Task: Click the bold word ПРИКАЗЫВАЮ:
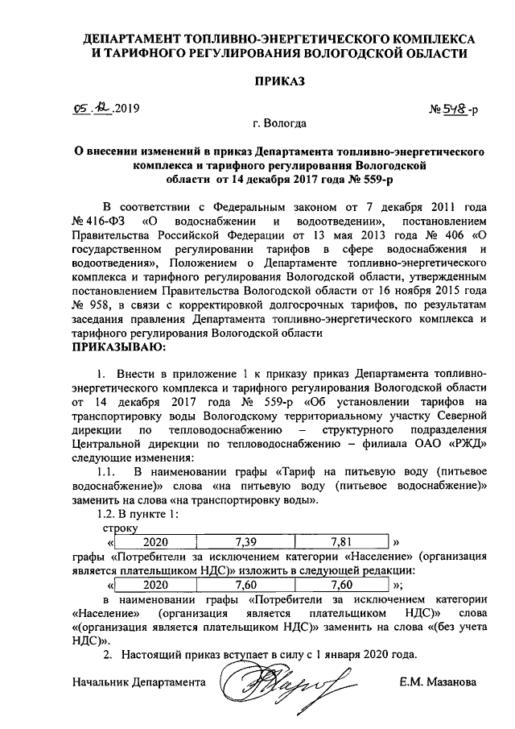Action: pos(120,347)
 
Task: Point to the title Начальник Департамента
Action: pos(138,682)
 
